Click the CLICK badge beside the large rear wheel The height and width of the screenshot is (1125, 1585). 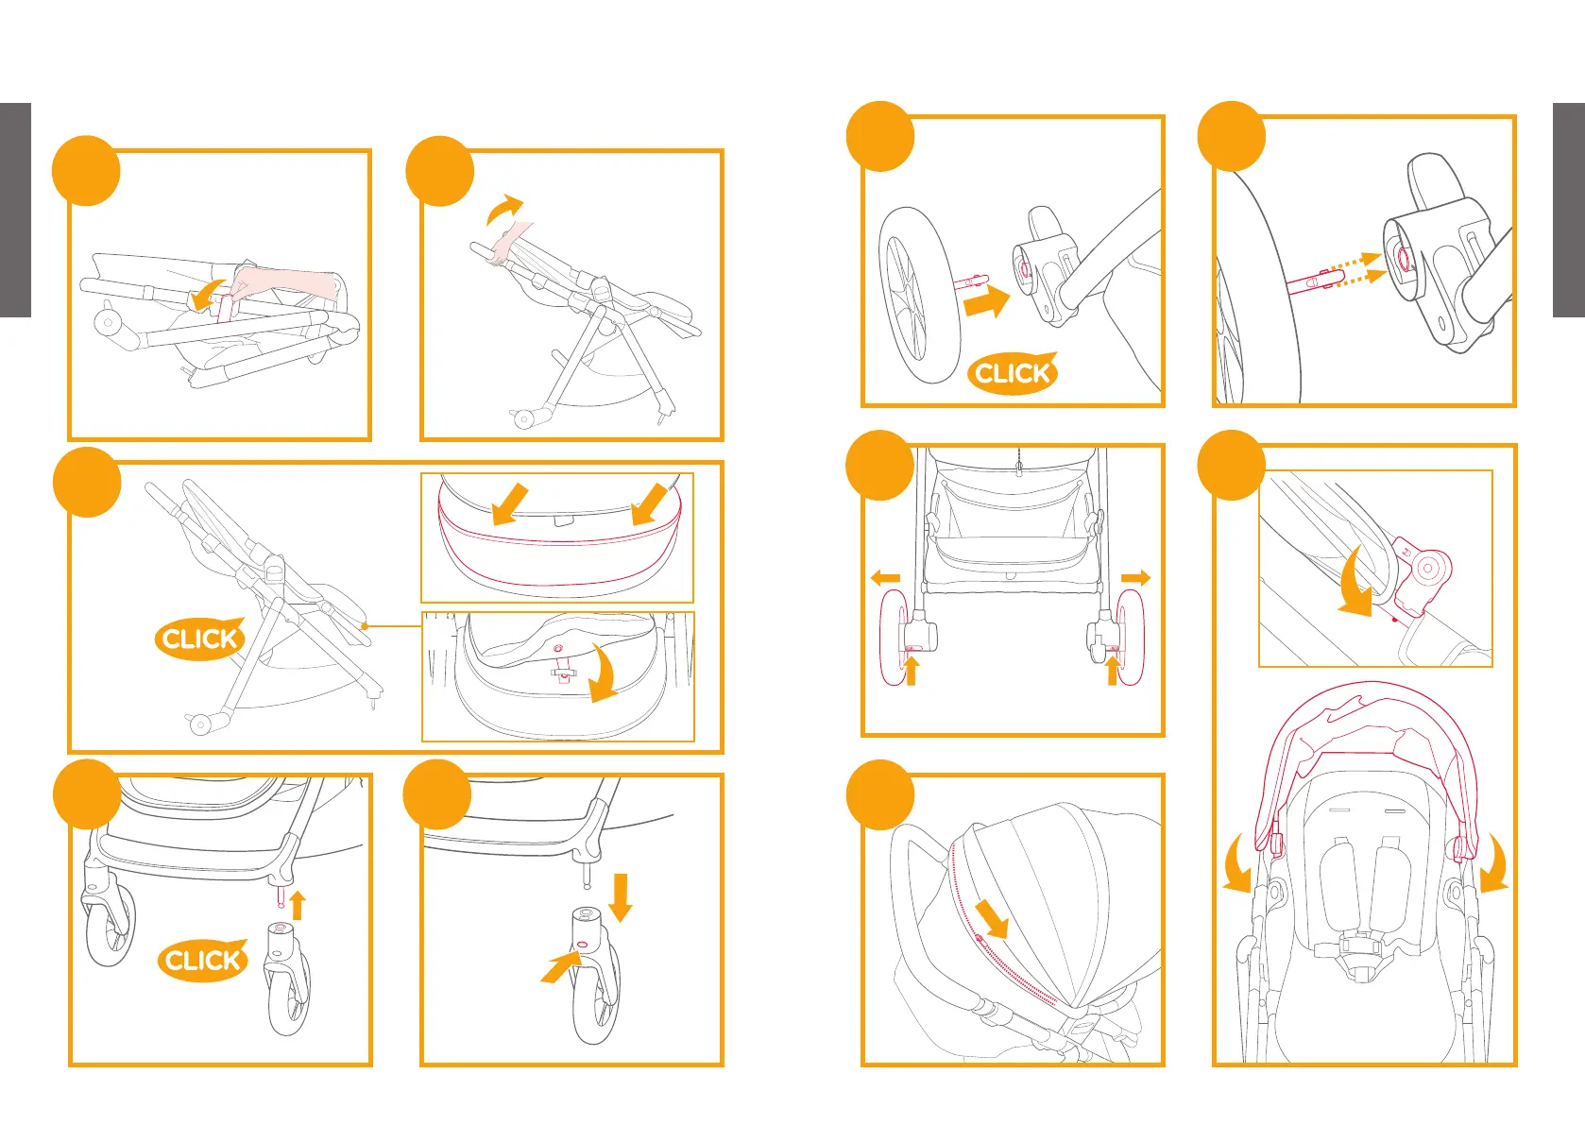1012,373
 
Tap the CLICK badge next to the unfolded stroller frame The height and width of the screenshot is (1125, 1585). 199,639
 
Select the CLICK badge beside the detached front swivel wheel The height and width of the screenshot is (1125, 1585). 202,961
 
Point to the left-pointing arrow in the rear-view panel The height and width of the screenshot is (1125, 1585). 885,578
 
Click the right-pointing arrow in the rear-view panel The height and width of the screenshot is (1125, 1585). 1135,578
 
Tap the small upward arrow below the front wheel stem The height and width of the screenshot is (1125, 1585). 298,905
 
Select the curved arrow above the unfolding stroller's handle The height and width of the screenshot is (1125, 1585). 504,210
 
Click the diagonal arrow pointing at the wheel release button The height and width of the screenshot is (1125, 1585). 559,968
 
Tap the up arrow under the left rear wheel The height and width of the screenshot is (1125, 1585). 912,671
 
